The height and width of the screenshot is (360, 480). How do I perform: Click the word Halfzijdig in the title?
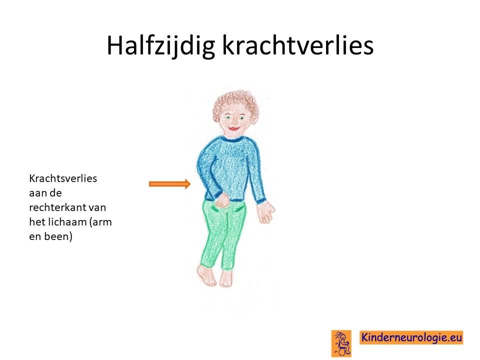160,45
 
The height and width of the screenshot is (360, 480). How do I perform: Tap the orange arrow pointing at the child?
170,183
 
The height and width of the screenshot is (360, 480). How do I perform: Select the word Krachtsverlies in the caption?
63,178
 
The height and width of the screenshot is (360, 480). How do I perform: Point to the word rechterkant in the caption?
57,207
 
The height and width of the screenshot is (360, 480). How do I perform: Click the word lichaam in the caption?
67,221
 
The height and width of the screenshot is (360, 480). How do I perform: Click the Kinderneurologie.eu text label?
411,337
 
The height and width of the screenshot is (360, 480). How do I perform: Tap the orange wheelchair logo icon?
341,343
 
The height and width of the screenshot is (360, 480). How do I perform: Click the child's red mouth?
234,128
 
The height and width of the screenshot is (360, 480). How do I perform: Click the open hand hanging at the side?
265,211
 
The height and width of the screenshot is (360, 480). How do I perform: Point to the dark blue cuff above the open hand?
261,201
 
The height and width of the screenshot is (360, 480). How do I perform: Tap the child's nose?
234,122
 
